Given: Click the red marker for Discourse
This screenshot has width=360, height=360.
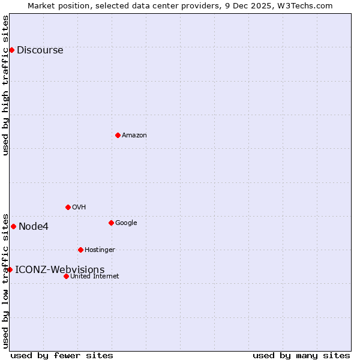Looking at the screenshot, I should coord(11,50).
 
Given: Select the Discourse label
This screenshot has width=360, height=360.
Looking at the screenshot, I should coord(40,50).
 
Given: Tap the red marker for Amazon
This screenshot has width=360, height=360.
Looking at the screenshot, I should coord(118,135).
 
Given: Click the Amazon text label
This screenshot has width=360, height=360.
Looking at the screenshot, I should coord(134,136).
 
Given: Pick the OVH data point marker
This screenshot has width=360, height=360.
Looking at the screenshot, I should coord(68,207).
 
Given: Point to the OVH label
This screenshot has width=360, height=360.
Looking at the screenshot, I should coord(79,208).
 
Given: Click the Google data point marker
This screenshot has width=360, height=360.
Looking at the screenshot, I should coord(111,223).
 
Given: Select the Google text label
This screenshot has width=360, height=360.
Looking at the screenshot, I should coord(126,223).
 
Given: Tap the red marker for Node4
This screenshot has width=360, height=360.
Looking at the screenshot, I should coord(13,226).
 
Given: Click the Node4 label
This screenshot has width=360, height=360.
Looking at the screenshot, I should coord(34,227).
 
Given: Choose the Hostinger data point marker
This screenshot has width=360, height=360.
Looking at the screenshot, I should coord(80,250).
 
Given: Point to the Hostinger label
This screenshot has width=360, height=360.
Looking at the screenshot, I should coord(100,250).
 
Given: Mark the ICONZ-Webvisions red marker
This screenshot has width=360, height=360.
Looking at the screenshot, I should coord(10,269).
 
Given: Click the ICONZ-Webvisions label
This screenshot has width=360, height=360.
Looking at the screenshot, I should coord(59,270).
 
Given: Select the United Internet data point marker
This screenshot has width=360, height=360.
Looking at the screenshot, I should coord(66,276).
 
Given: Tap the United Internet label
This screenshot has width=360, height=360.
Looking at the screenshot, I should coord(94,277).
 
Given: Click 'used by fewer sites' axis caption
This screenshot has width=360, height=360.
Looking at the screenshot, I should coord(62,355).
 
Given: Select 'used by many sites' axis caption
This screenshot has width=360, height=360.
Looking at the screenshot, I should coord(301,355).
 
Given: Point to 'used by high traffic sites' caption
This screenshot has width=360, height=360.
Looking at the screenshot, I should coord(5,85).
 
